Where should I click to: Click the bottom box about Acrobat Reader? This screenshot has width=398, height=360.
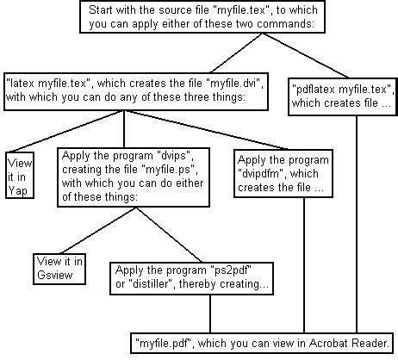pyautogui.click(x=265, y=340)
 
